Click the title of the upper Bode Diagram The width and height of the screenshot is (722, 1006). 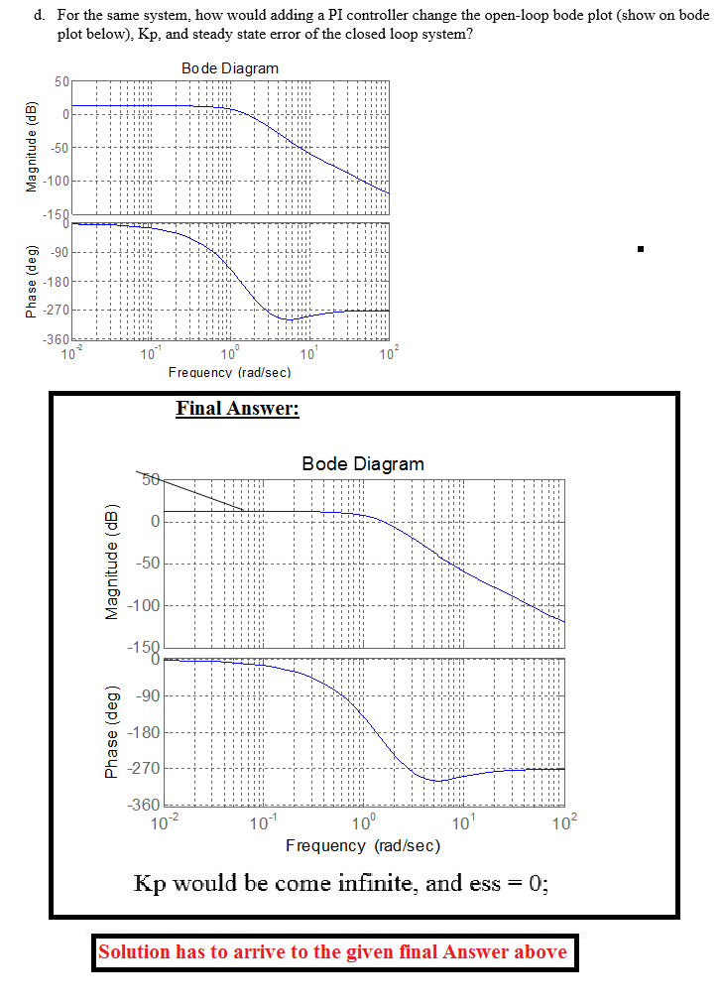click(230, 67)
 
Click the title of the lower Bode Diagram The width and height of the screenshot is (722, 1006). click(362, 463)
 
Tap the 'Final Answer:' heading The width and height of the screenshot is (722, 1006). click(237, 408)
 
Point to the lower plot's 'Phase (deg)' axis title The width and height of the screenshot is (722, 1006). click(112, 733)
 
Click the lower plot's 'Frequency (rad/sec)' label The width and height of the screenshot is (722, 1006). click(362, 845)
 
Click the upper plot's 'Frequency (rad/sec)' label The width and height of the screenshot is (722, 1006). click(229, 372)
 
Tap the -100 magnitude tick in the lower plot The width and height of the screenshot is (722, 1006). click(139, 606)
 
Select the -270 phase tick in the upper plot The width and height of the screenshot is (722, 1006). click(53, 311)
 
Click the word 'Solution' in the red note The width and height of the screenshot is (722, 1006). click(135, 952)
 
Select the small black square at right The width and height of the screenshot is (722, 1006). click(642, 248)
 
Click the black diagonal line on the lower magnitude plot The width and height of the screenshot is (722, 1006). click(203, 494)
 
